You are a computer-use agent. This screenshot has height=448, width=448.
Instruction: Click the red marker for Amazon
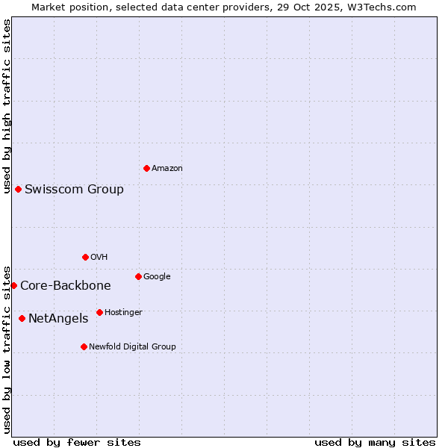146,168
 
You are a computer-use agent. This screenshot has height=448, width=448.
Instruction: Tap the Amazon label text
167,169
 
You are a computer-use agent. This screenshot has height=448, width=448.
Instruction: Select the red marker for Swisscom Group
18,189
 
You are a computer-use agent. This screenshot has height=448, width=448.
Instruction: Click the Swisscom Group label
74,190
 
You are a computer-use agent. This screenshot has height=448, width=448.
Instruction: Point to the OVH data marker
85,257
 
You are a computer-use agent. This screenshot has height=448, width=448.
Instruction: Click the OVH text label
99,258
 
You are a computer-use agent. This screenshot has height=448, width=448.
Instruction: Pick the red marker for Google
138,276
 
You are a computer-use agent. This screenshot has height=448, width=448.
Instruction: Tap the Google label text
157,277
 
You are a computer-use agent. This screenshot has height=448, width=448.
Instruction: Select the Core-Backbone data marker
13,285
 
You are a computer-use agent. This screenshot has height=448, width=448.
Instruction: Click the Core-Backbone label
66,286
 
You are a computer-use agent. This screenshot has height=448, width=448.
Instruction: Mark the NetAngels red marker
22,318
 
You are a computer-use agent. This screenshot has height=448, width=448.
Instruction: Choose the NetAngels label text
58,319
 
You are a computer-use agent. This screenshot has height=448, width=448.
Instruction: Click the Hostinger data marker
99,312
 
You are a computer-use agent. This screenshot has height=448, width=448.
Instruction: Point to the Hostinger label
123,313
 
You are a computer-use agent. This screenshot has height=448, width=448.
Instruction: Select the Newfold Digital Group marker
84,346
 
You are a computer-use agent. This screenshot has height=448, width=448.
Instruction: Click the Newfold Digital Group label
132,347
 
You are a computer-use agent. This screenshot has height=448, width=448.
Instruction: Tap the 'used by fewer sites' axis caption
77,442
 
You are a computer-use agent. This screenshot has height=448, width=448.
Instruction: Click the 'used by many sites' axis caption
375,442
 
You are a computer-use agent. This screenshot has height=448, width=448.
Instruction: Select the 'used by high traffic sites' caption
7,106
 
